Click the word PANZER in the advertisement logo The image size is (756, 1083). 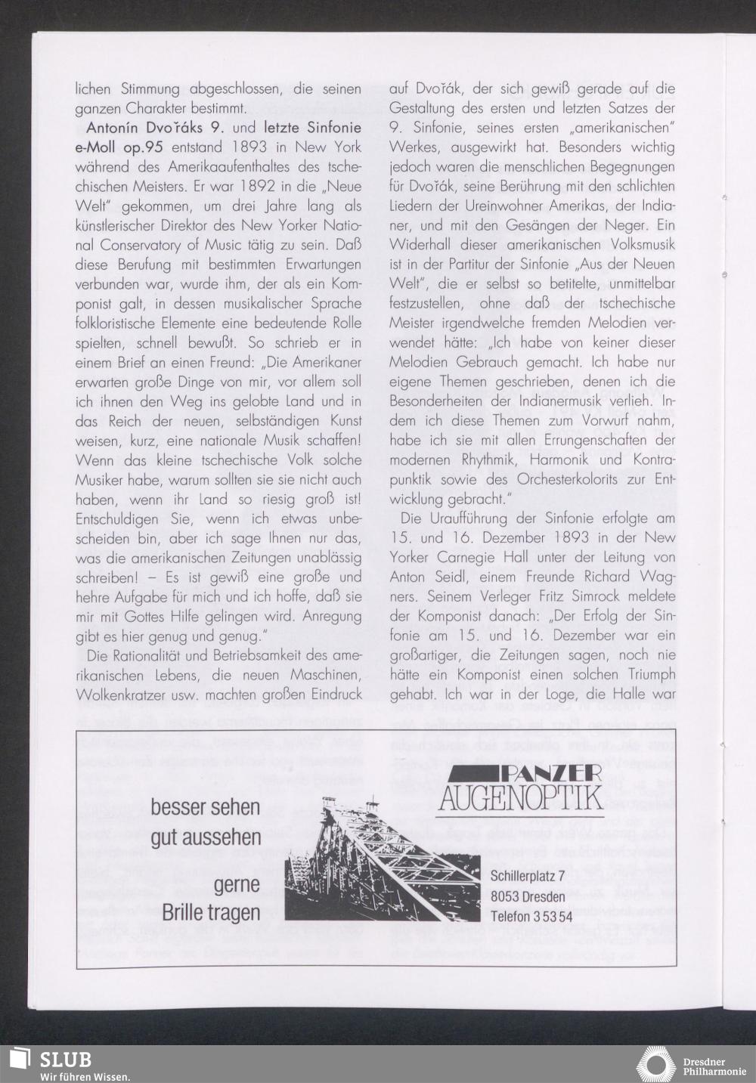tap(550, 772)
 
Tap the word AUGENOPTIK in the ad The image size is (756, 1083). tap(521, 797)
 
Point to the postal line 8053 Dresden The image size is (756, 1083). tap(528, 896)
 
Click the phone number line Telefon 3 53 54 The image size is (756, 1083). tap(531, 917)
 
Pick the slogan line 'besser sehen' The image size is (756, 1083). tap(205, 807)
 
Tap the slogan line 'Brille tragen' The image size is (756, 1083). tap(211, 912)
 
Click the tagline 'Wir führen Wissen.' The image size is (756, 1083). tap(85, 1076)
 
